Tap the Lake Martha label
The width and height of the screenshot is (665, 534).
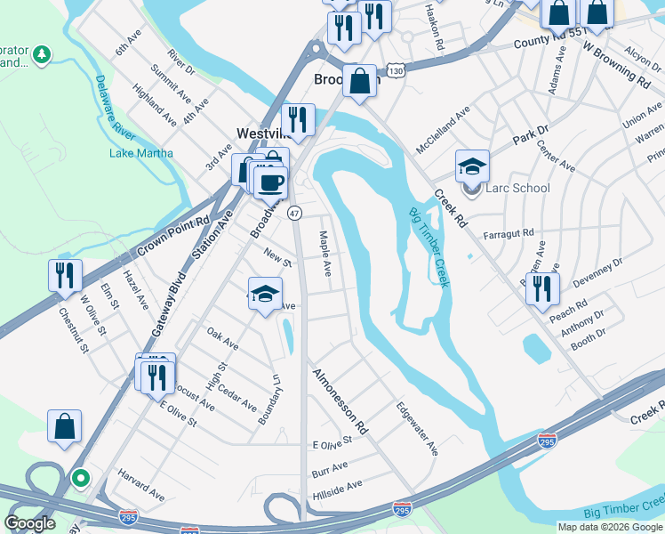coord(141,153)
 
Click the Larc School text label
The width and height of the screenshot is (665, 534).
coord(517,188)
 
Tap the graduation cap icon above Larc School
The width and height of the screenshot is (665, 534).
coord(472,166)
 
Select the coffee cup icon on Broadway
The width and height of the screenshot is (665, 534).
coord(270,182)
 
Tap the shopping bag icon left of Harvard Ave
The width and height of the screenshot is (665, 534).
coord(65,426)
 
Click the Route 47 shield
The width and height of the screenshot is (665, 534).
coord(294,214)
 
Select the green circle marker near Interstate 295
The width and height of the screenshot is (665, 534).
coord(81,479)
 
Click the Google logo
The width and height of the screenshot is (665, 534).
coord(29,522)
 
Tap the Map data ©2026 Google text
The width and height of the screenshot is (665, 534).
coord(609,527)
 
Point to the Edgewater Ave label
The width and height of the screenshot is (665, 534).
coord(417,429)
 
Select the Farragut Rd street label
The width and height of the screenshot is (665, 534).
coord(509,234)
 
